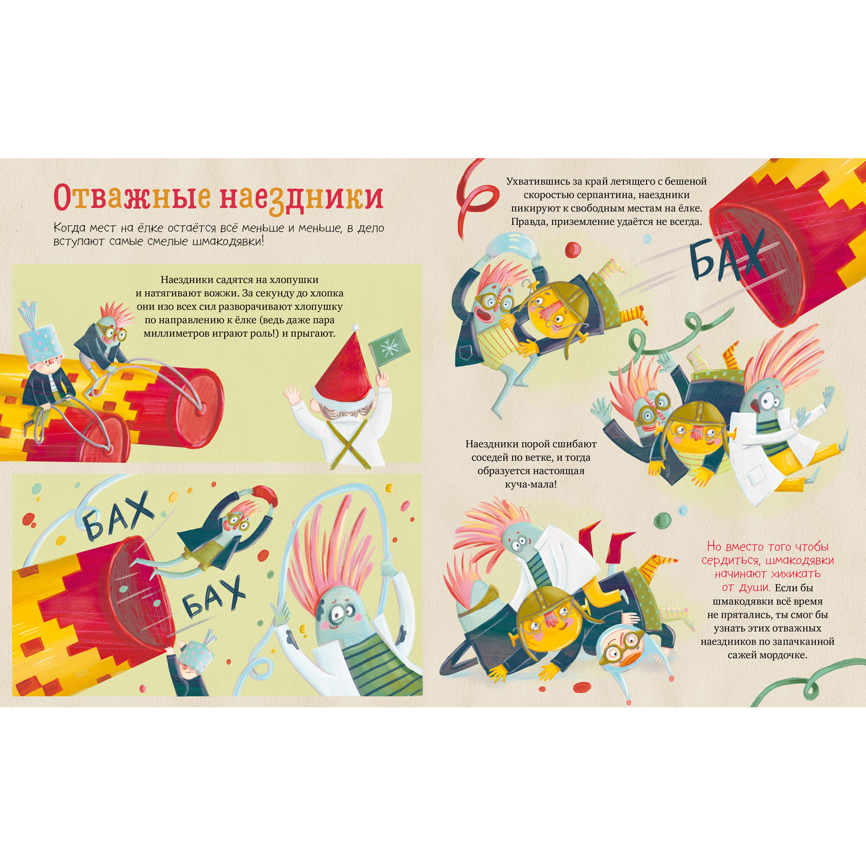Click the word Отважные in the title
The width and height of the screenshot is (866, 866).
[x=132, y=197]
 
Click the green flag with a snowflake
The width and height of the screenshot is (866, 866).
[x=390, y=347]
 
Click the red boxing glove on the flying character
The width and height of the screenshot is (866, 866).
[x=265, y=496]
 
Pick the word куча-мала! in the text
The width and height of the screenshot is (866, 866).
[x=531, y=484]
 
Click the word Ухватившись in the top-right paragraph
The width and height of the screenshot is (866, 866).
[x=538, y=181]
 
